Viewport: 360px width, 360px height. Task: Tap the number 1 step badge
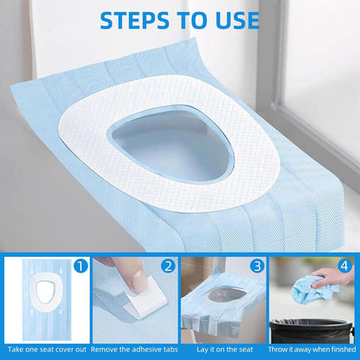(80, 267)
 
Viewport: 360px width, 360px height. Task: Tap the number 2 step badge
(168, 267)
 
